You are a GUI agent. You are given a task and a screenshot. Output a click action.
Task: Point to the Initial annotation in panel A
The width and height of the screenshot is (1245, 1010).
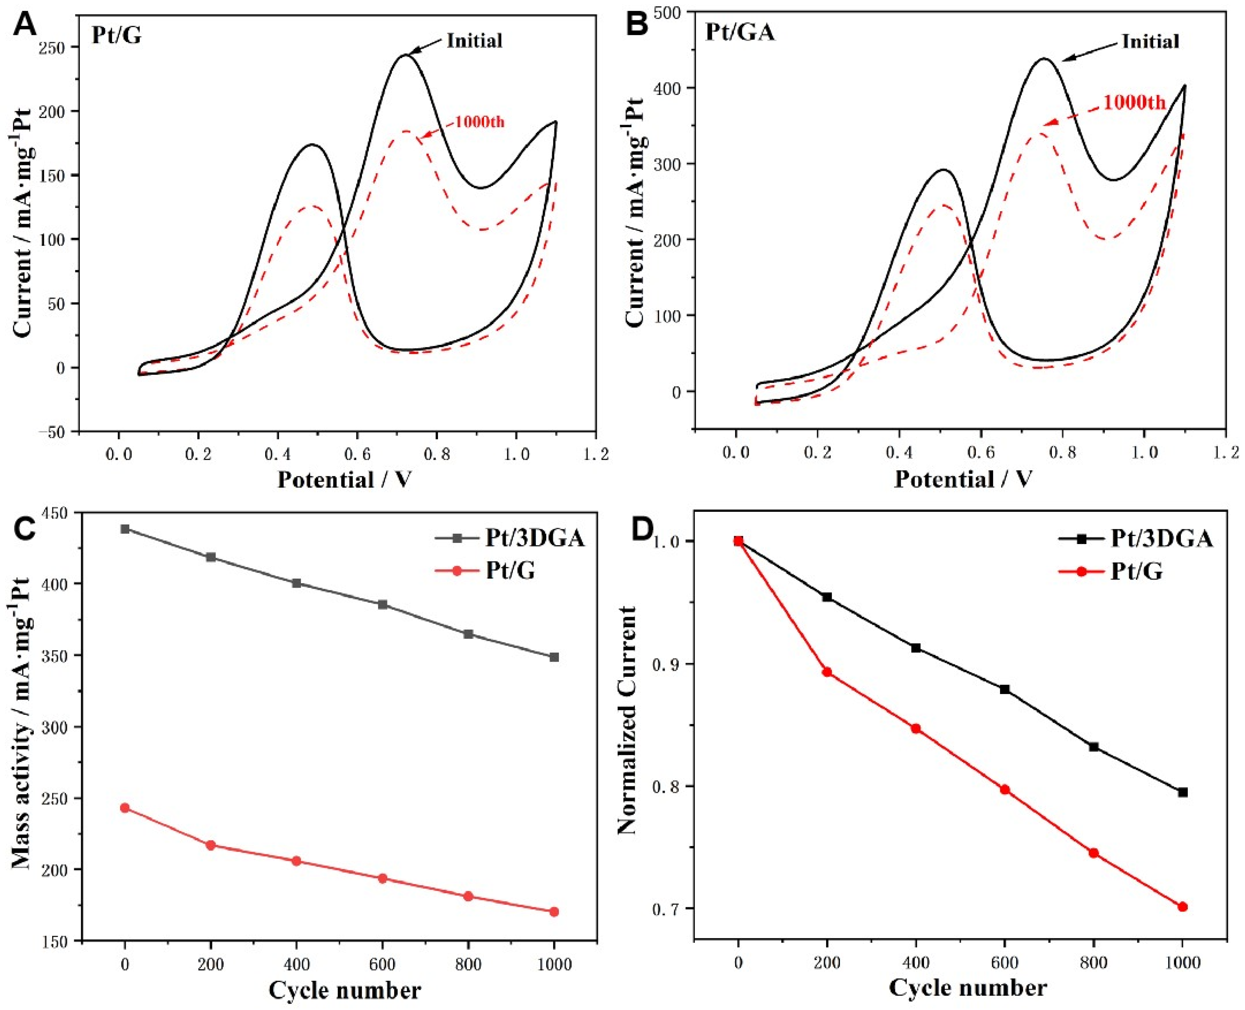point(474,41)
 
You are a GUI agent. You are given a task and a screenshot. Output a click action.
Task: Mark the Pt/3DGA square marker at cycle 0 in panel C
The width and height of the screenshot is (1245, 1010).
point(125,529)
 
